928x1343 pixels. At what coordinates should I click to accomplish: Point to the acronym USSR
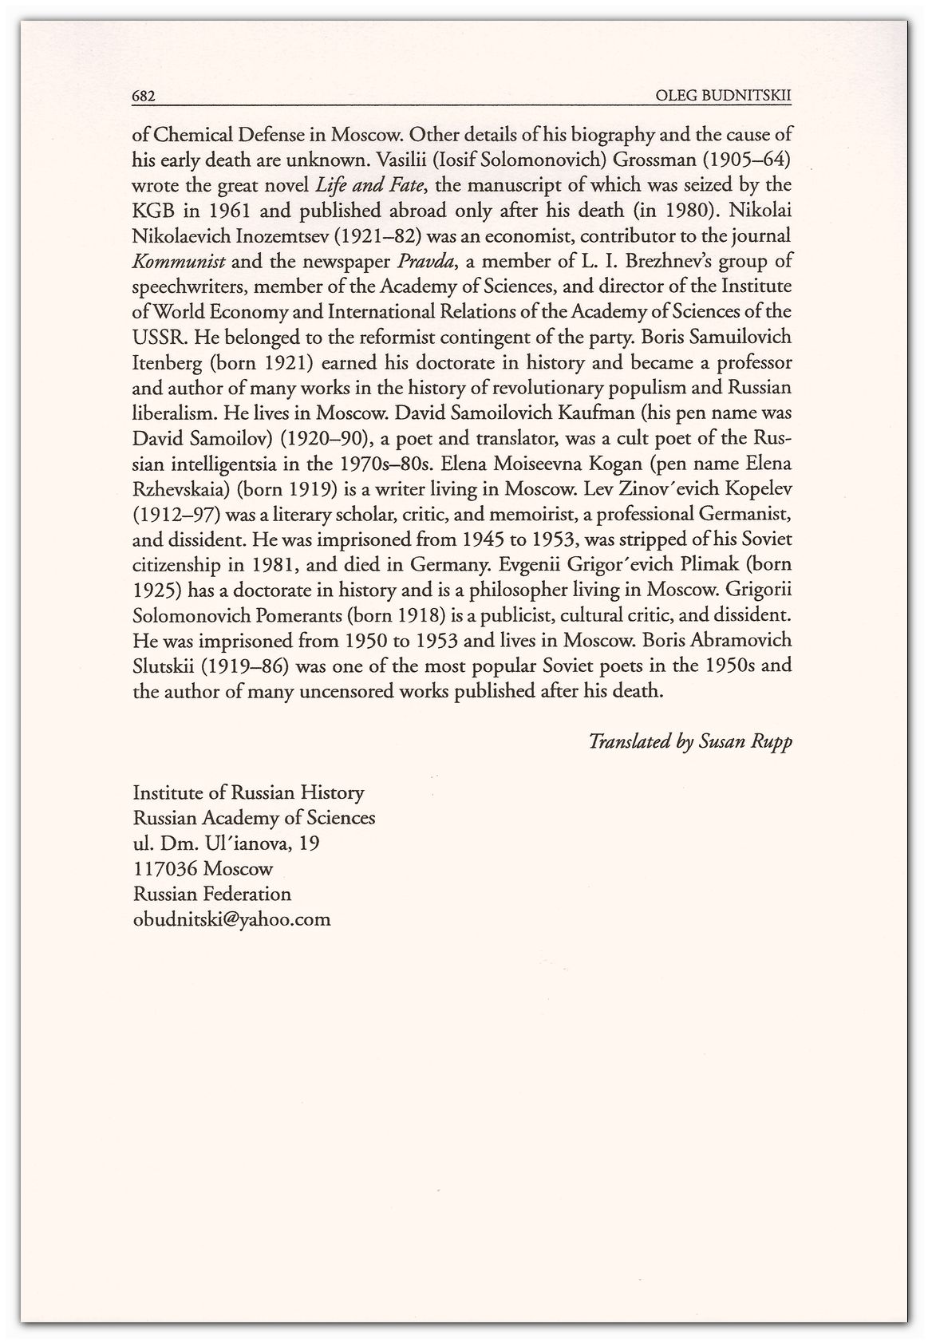[156, 338]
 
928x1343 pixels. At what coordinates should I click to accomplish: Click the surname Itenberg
[166, 363]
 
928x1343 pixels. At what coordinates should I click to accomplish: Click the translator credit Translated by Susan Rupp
[690, 742]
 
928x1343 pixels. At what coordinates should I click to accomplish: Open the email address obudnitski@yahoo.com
[231, 919]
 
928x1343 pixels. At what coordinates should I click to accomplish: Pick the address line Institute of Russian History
[248, 793]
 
